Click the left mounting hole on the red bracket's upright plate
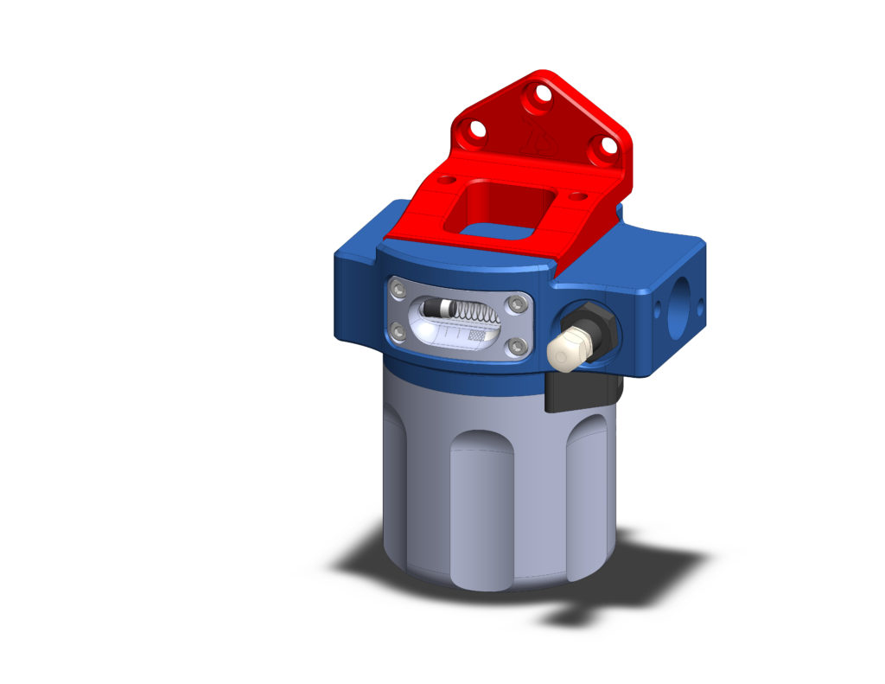(x=474, y=133)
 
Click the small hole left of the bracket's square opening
(x=446, y=181)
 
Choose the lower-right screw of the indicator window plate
(x=518, y=347)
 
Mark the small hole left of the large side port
(x=661, y=307)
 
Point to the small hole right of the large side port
(x=701, y=304)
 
